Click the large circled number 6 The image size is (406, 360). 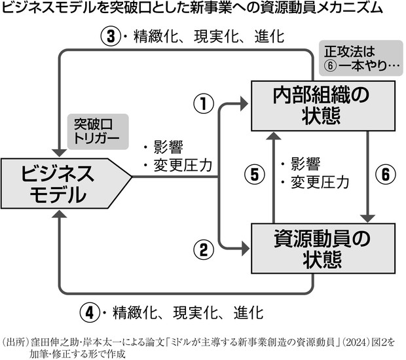386,174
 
